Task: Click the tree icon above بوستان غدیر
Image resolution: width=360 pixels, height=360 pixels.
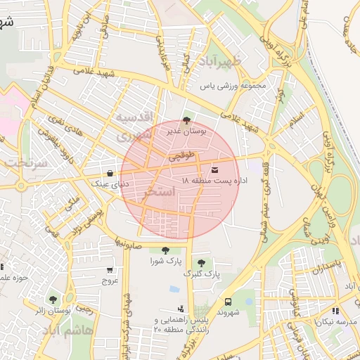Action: (186, 120)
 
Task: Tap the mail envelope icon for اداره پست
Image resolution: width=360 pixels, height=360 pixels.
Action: (214, 170)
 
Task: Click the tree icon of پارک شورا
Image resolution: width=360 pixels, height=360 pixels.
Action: (165, 250)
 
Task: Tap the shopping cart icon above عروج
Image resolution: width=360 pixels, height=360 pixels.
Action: (110, 270)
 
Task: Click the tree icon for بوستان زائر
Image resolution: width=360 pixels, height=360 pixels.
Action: (53, 300)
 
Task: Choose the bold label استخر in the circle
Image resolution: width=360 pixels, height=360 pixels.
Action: (158, 191)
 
